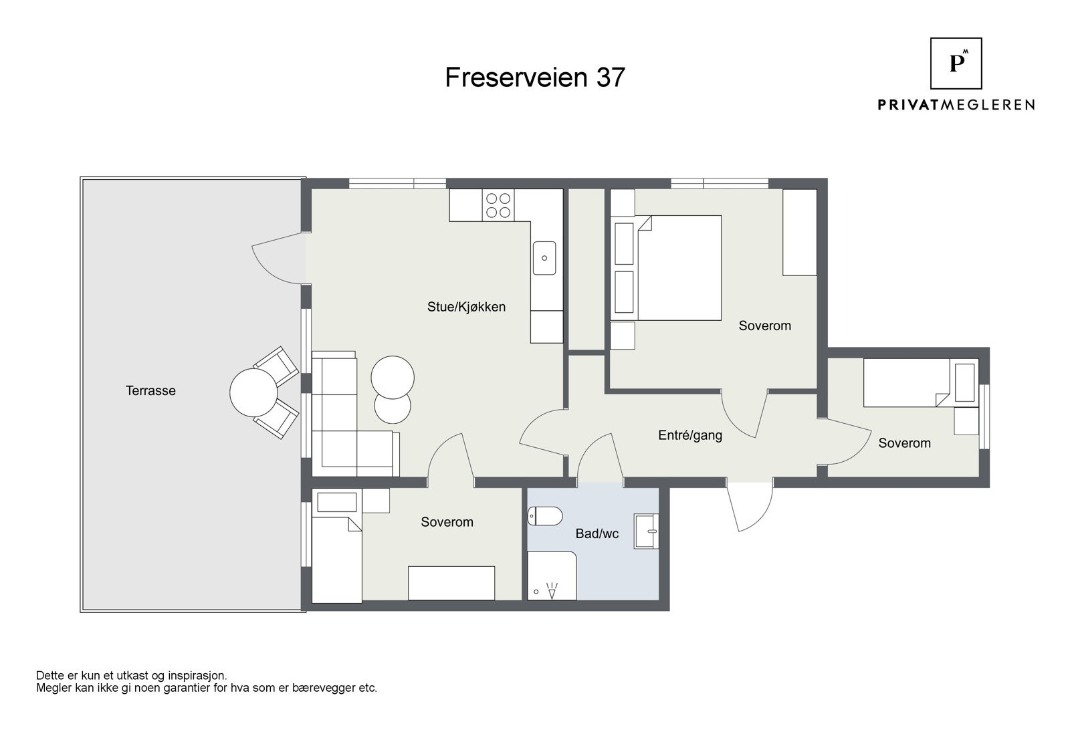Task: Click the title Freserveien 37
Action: (x=535, y=78)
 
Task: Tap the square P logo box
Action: (x=956, y=64)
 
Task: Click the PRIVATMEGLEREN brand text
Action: (x=956, y=105)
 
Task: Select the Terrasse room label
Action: (x=150, y=390)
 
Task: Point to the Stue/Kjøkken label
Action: (x=466, y=307)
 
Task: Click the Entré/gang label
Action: (x=689, y=435)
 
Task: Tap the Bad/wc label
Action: (x=597, y=533)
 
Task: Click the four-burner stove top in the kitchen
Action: (x=498, y=205)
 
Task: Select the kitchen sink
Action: (x=544, y=258)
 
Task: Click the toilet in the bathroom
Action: (x=544, y=516)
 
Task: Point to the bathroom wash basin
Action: (x=646, y=531)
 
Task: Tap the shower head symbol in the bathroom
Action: (x=552, y=590)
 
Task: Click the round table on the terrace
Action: (x=253, y=392)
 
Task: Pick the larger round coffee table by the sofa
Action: (x=393, y=377)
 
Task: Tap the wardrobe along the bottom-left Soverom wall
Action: (x=451, y=583)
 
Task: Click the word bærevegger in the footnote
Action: (x=312, y=688)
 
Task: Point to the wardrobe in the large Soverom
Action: (x=800, y=233)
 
